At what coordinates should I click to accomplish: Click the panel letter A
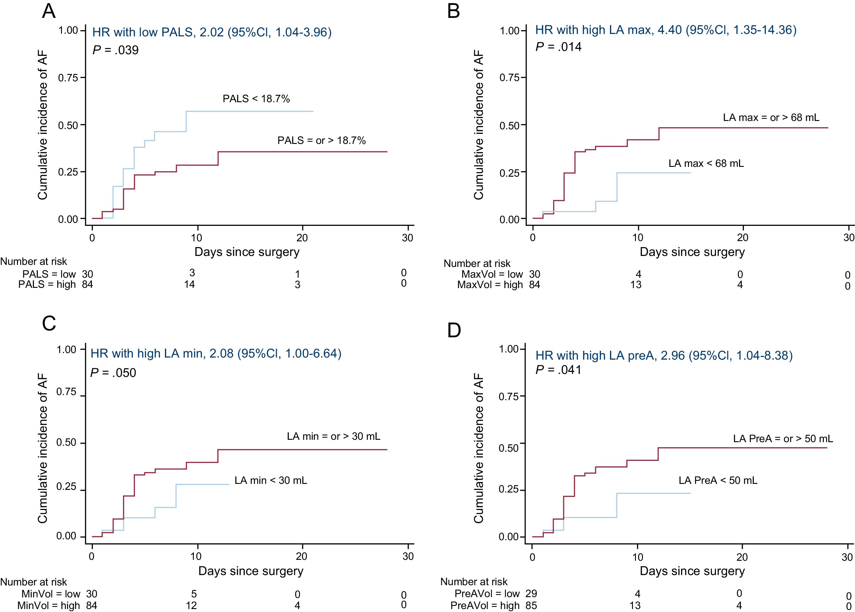49,12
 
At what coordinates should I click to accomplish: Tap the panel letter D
454,330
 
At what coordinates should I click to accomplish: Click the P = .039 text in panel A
116,50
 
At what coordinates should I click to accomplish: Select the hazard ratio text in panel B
666,30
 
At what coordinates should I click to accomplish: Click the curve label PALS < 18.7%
256,99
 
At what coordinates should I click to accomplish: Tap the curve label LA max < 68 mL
706,164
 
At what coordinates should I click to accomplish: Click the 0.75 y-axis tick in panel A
68,78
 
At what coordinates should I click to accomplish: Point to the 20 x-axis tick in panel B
742,238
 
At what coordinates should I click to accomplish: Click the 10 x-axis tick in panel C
196,556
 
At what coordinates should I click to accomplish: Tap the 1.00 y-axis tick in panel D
509,349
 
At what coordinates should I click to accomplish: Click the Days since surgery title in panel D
692,571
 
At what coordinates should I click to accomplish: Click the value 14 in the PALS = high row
189,285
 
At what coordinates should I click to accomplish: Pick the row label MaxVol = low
492,274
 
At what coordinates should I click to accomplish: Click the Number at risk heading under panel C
34,582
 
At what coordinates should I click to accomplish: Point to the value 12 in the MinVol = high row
194,605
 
